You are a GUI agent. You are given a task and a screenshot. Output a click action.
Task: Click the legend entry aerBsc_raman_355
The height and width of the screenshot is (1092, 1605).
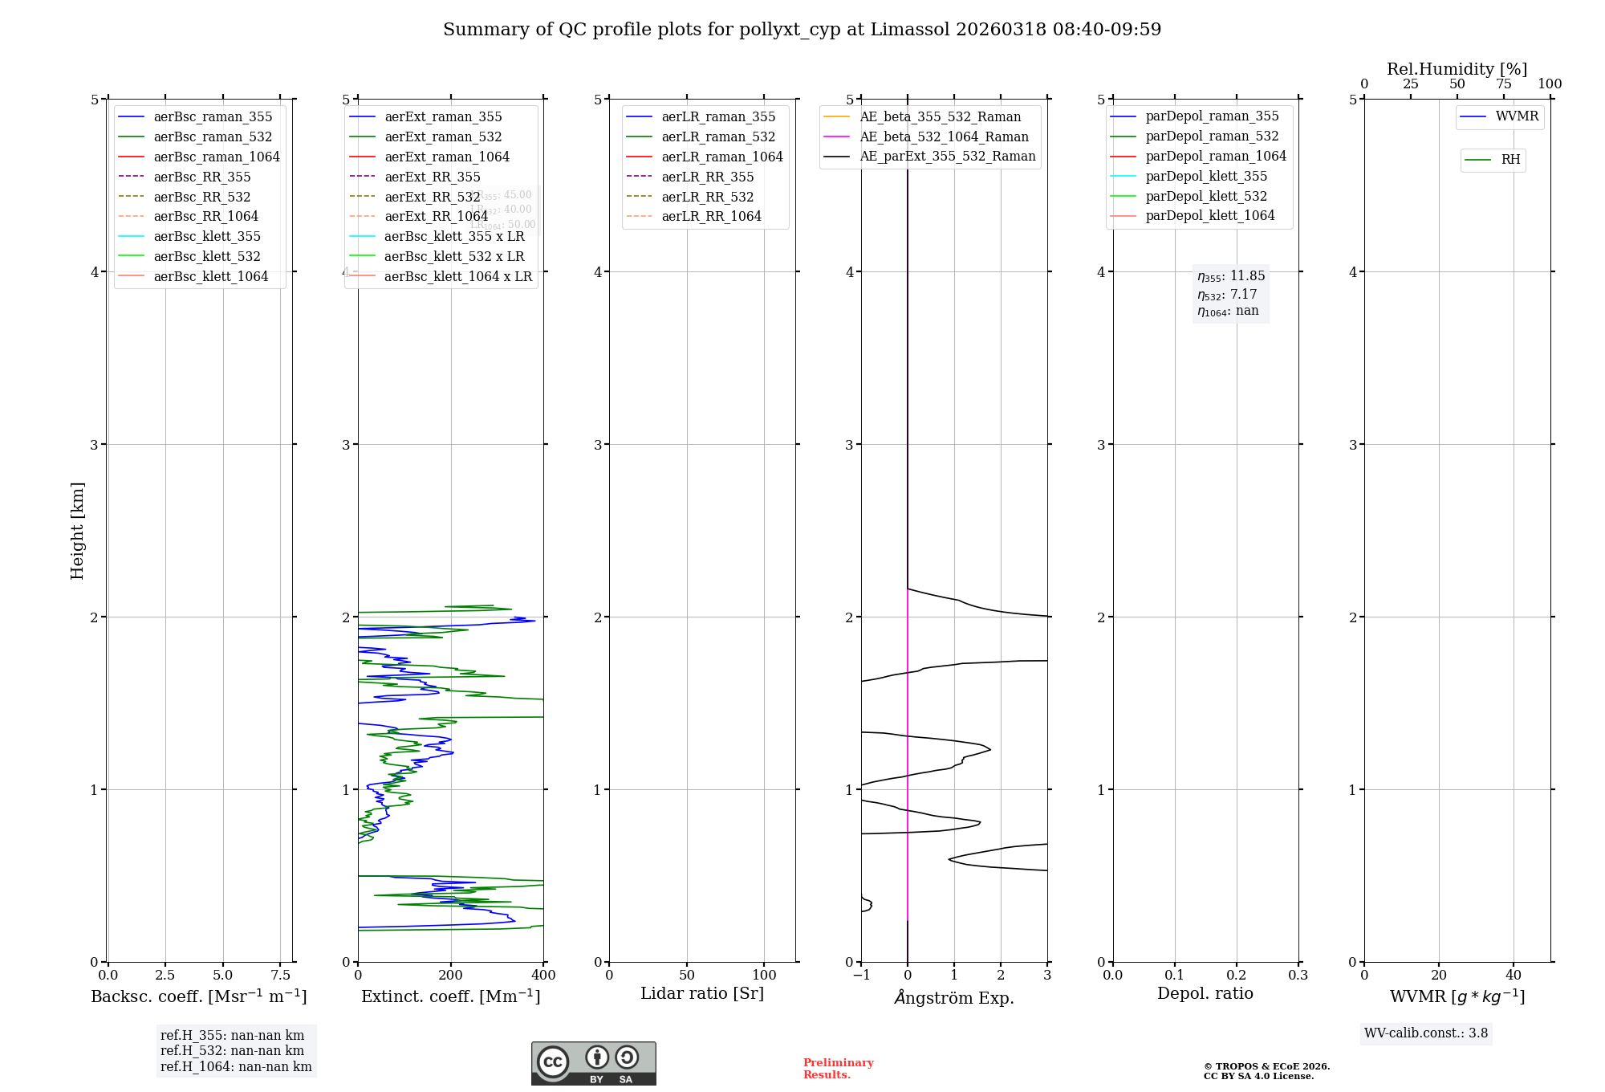(x=213, y=117)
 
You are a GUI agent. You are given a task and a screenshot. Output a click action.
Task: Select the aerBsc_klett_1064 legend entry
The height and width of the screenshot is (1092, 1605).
(x=210, y=277)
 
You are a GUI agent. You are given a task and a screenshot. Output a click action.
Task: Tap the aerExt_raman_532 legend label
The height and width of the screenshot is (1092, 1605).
(x=443, y=137)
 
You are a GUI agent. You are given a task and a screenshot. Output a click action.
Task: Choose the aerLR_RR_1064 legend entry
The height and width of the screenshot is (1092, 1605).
(x=711, y=217)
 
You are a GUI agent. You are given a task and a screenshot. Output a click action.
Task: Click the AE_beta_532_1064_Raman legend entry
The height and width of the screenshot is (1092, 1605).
(x=944, y=137)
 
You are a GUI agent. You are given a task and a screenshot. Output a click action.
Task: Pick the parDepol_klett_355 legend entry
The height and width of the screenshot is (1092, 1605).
(x=1206, y=177)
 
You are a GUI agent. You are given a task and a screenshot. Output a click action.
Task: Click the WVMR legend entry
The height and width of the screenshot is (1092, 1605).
(x=1517, y=117)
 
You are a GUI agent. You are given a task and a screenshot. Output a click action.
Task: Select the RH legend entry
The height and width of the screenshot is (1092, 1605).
(x=1510, y=160)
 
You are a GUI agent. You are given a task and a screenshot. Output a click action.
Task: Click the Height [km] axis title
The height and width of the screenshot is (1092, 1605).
(x=77, y=530)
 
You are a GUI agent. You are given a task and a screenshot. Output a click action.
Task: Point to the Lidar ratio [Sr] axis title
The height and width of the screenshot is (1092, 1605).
(x=702, y=994)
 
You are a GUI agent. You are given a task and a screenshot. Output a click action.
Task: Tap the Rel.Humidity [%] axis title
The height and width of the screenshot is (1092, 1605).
(x=1457, y=69)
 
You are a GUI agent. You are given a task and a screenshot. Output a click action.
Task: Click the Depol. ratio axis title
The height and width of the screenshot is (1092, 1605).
(x=1205, y=994)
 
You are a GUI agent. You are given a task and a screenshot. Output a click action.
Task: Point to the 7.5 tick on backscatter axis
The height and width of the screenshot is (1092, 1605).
(x=280, y=976)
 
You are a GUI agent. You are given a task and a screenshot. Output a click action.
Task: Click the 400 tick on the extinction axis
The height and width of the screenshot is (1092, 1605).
(x=543, y=976)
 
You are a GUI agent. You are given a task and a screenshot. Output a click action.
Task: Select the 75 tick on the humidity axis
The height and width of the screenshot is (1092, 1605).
(x=1504, y=84)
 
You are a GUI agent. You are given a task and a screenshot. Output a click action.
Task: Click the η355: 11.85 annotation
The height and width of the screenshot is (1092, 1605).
(x=1231, y=276)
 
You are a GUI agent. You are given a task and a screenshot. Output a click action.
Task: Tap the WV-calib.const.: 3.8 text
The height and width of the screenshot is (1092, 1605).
(x=1426, y=1033)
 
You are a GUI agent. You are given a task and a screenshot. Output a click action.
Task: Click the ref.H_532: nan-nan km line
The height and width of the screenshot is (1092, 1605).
(x=232, y=1051)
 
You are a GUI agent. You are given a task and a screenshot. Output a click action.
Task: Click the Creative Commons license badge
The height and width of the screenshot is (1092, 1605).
(x=593, y=1063)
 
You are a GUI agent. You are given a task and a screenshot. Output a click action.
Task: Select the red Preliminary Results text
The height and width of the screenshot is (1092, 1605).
(x=838, y=1069)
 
